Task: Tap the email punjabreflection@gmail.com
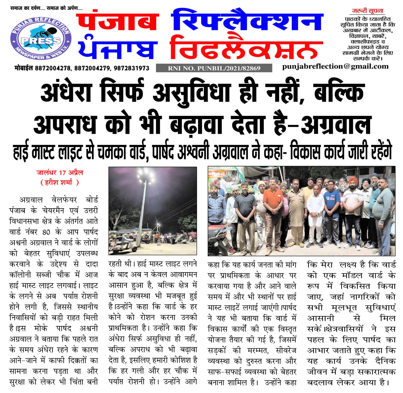point(335,66)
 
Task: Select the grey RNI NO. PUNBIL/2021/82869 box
point(214,68)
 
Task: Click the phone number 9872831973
point(131,68)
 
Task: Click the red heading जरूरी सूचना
point(367,11)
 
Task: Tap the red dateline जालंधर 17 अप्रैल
point(60,173)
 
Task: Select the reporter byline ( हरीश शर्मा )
point(60,182)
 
